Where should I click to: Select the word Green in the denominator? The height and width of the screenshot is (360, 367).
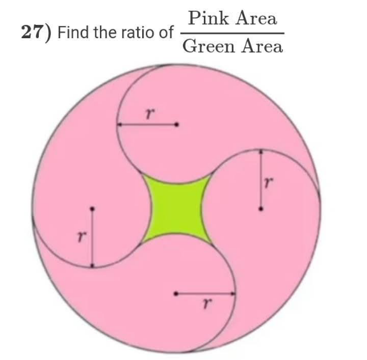coord(209,46)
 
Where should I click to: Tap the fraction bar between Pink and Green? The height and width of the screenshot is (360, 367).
coord(232,33)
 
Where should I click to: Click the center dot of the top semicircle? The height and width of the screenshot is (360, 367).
coord(177,124)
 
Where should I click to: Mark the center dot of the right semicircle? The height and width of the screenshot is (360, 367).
coord(261,209)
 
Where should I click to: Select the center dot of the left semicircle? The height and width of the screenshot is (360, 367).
coord(92,208)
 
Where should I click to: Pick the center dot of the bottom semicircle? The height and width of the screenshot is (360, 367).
coord(176,294)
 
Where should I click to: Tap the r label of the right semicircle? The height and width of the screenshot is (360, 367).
coord(268,182)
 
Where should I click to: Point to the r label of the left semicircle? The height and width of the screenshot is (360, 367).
coord(82,236)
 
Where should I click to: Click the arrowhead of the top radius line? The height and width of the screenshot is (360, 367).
coord(119,124)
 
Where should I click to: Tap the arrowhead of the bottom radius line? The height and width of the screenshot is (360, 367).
coord(233,294)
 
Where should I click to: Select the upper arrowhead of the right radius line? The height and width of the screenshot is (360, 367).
coord(261,152)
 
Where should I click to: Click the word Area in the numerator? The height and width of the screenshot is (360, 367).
coord(256,18)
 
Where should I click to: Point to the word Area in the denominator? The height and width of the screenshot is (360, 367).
coord(262,46)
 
